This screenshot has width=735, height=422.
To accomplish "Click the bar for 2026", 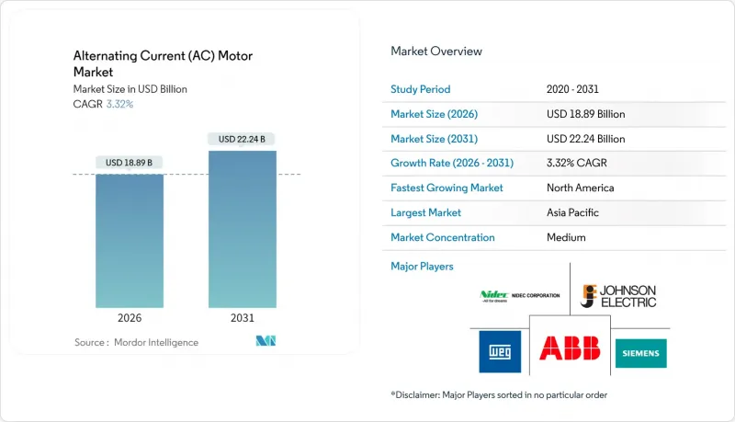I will (x=130, y=240).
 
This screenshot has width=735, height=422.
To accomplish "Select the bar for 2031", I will (x=243, y=229).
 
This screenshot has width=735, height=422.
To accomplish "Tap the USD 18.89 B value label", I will (x=130, y=163).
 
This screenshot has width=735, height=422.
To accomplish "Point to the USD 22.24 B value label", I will (x=243, y=140).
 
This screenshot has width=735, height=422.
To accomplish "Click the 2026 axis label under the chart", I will (x=130, y=319).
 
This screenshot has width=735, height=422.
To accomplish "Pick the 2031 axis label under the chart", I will (x=243, y=319).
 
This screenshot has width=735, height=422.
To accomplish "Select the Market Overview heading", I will (x=436, y=51).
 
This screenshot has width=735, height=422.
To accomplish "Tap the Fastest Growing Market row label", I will (x=447, y=188).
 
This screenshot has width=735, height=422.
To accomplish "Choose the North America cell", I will (x=580, y=188).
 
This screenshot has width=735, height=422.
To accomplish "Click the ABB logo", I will (x=570, y=348).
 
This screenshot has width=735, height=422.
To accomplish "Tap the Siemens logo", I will (x=641, y=353).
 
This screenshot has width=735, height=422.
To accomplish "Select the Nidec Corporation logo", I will (x=520, y=296).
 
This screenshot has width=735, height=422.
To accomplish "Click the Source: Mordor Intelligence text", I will (x=136, y=343).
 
